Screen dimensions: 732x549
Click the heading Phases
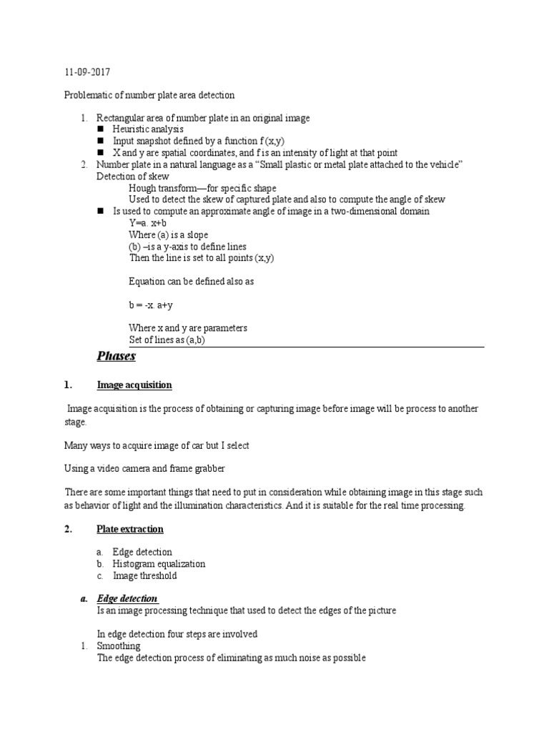click(x=116, y=356)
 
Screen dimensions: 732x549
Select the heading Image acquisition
click(x=134, y=385)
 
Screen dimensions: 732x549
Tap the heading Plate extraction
click(x=130, y=529)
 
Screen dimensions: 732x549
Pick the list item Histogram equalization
click(x=159, y=563)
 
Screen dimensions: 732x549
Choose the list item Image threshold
click(x=144, y=575)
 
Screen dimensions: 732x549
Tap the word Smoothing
click(x=119, y=646)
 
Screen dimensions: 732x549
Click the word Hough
click(x=142, y=188)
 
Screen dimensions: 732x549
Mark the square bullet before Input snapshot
click(x=100, y=142)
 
